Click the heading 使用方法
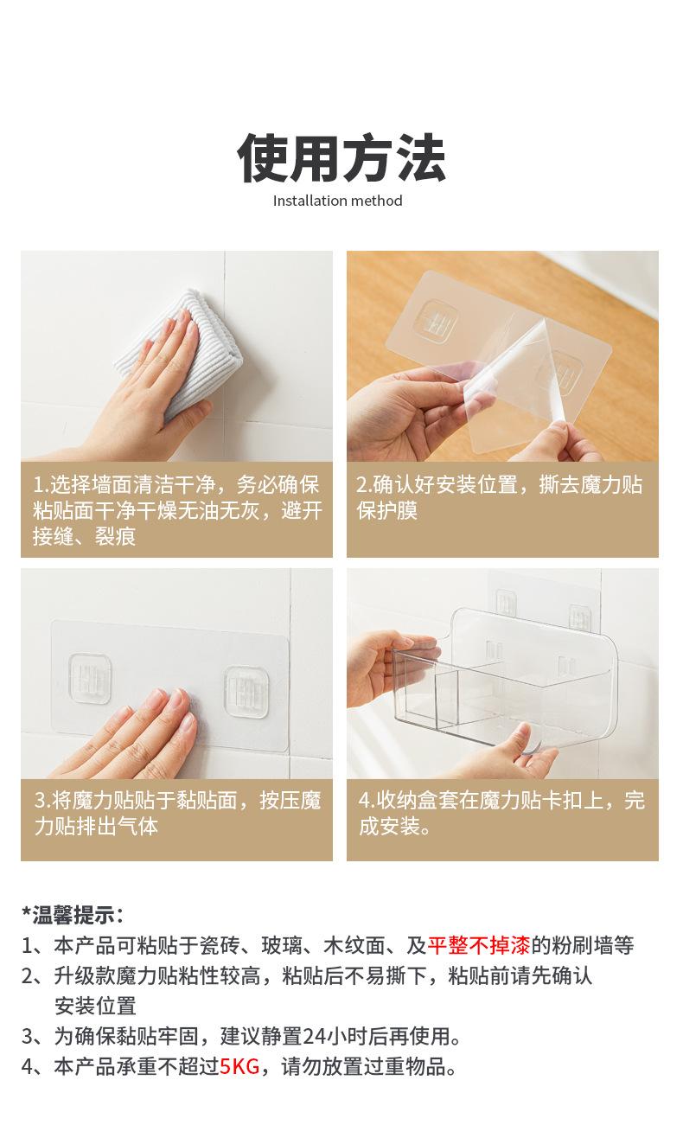(341, 158)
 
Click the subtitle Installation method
(337, 201)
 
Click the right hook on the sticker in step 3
(246, 692)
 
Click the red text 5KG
(239, 1066)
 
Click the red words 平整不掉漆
(479, 945)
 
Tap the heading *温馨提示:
(73, 915)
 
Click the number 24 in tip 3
(315, 1036)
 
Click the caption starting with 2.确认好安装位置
(499, 498)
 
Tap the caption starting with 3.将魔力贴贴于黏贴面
(177, 813)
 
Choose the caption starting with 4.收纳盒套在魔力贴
(501, 813)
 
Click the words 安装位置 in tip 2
(95, 1006)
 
